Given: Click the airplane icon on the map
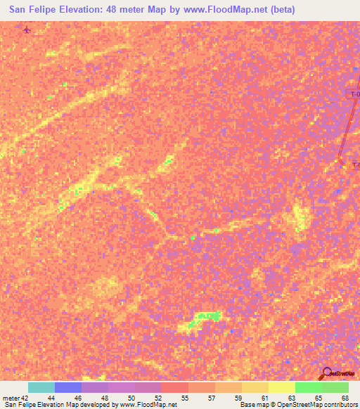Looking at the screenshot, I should (x=27, y=30).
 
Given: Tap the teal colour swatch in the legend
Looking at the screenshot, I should (x=41, y=387).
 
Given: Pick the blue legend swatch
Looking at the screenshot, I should (x=68, y=387).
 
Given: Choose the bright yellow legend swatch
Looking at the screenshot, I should (x=281, y=387).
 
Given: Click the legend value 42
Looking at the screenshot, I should (x=25, y=399).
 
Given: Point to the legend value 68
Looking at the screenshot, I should (x=345, y=399).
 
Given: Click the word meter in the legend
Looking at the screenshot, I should (x=11, y=399).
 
